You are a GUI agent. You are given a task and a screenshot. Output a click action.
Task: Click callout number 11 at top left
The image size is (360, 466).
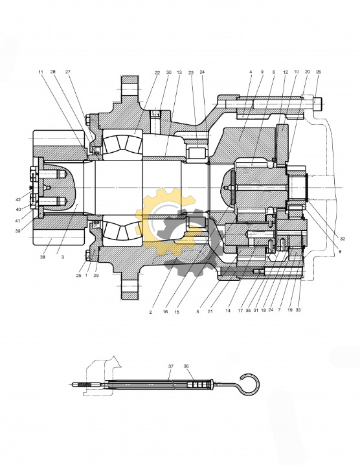41,72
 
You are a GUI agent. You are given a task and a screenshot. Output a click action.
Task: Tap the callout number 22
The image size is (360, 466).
157,72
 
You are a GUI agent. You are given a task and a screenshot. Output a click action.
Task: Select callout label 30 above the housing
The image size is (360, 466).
168,72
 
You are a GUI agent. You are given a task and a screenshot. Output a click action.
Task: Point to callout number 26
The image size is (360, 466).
319,72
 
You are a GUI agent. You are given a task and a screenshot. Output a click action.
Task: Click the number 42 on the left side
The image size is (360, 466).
18,200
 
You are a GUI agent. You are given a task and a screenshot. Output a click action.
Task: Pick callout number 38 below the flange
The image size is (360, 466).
43,257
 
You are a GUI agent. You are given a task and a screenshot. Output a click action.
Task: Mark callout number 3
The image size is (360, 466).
63,257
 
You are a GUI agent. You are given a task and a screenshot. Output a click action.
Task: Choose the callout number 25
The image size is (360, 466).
78,276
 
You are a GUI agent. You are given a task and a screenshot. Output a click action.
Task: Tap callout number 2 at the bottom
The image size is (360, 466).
150,313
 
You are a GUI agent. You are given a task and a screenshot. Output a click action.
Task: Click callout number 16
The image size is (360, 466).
165,312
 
